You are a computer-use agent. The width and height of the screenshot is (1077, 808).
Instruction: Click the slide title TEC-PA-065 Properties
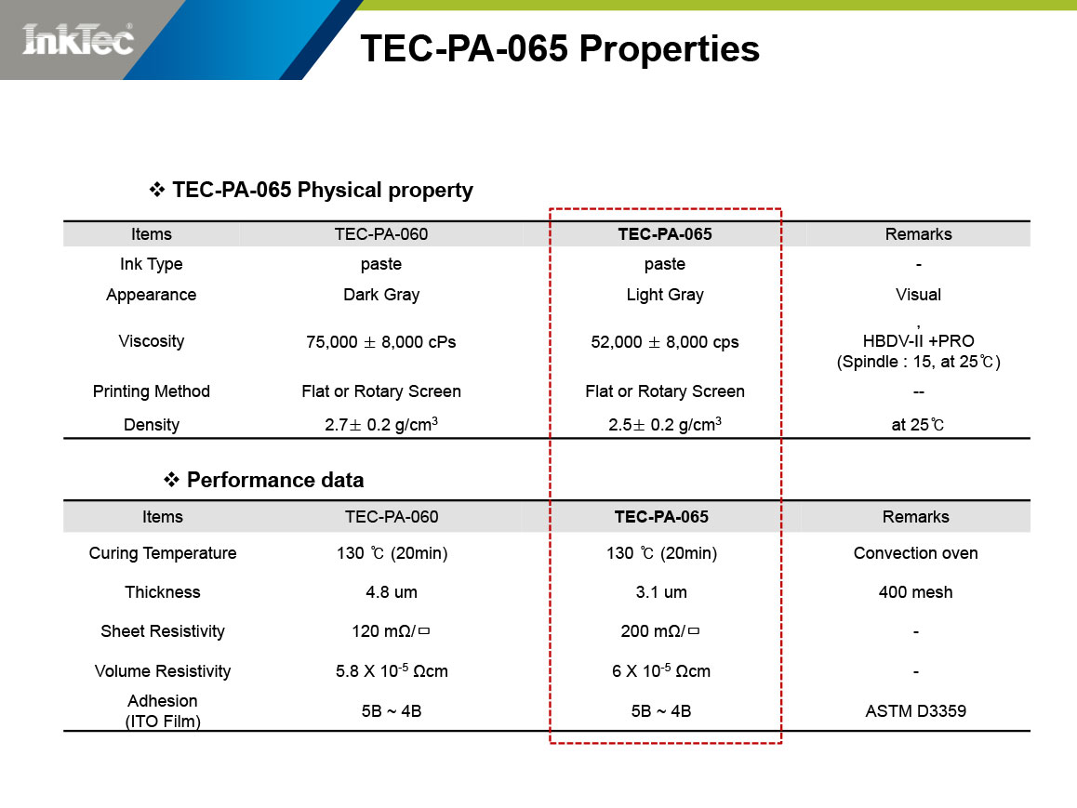pos(560,48)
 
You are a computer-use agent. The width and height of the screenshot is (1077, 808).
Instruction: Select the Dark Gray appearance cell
pos(381,295)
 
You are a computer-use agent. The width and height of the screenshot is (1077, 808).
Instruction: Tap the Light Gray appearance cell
pos(665,295)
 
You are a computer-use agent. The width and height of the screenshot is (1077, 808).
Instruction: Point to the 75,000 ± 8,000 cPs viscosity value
pos(381,342)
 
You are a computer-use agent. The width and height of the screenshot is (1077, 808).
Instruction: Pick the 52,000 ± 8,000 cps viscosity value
pos(665,342)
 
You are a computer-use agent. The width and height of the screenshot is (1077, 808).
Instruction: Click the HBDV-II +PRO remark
pos(918,340)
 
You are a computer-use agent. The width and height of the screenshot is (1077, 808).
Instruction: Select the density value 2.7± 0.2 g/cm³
pos(381,424)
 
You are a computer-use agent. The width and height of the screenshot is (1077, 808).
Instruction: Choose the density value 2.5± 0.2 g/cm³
pos(665,424)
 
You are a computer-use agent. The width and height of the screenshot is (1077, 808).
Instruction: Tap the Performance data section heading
pos(264,479)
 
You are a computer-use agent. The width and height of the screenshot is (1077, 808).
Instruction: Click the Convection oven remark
pos(915,552)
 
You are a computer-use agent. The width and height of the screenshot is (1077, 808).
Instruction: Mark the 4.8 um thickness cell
pos(392,591)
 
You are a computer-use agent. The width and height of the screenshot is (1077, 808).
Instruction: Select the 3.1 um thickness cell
pos(661,591)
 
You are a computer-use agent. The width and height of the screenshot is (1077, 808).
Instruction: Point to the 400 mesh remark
pos(915,591)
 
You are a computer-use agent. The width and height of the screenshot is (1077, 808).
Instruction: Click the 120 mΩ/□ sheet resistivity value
pos(391,631)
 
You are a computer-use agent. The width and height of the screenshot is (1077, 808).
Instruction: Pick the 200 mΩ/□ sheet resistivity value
pos(660,631)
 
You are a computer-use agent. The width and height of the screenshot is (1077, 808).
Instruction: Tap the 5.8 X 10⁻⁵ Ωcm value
pos(392,670)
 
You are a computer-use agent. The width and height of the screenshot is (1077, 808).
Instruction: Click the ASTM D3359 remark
pos(915,710)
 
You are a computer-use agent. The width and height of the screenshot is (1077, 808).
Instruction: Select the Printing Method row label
pos(151,391)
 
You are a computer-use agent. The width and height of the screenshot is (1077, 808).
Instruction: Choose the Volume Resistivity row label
pos(163,670)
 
